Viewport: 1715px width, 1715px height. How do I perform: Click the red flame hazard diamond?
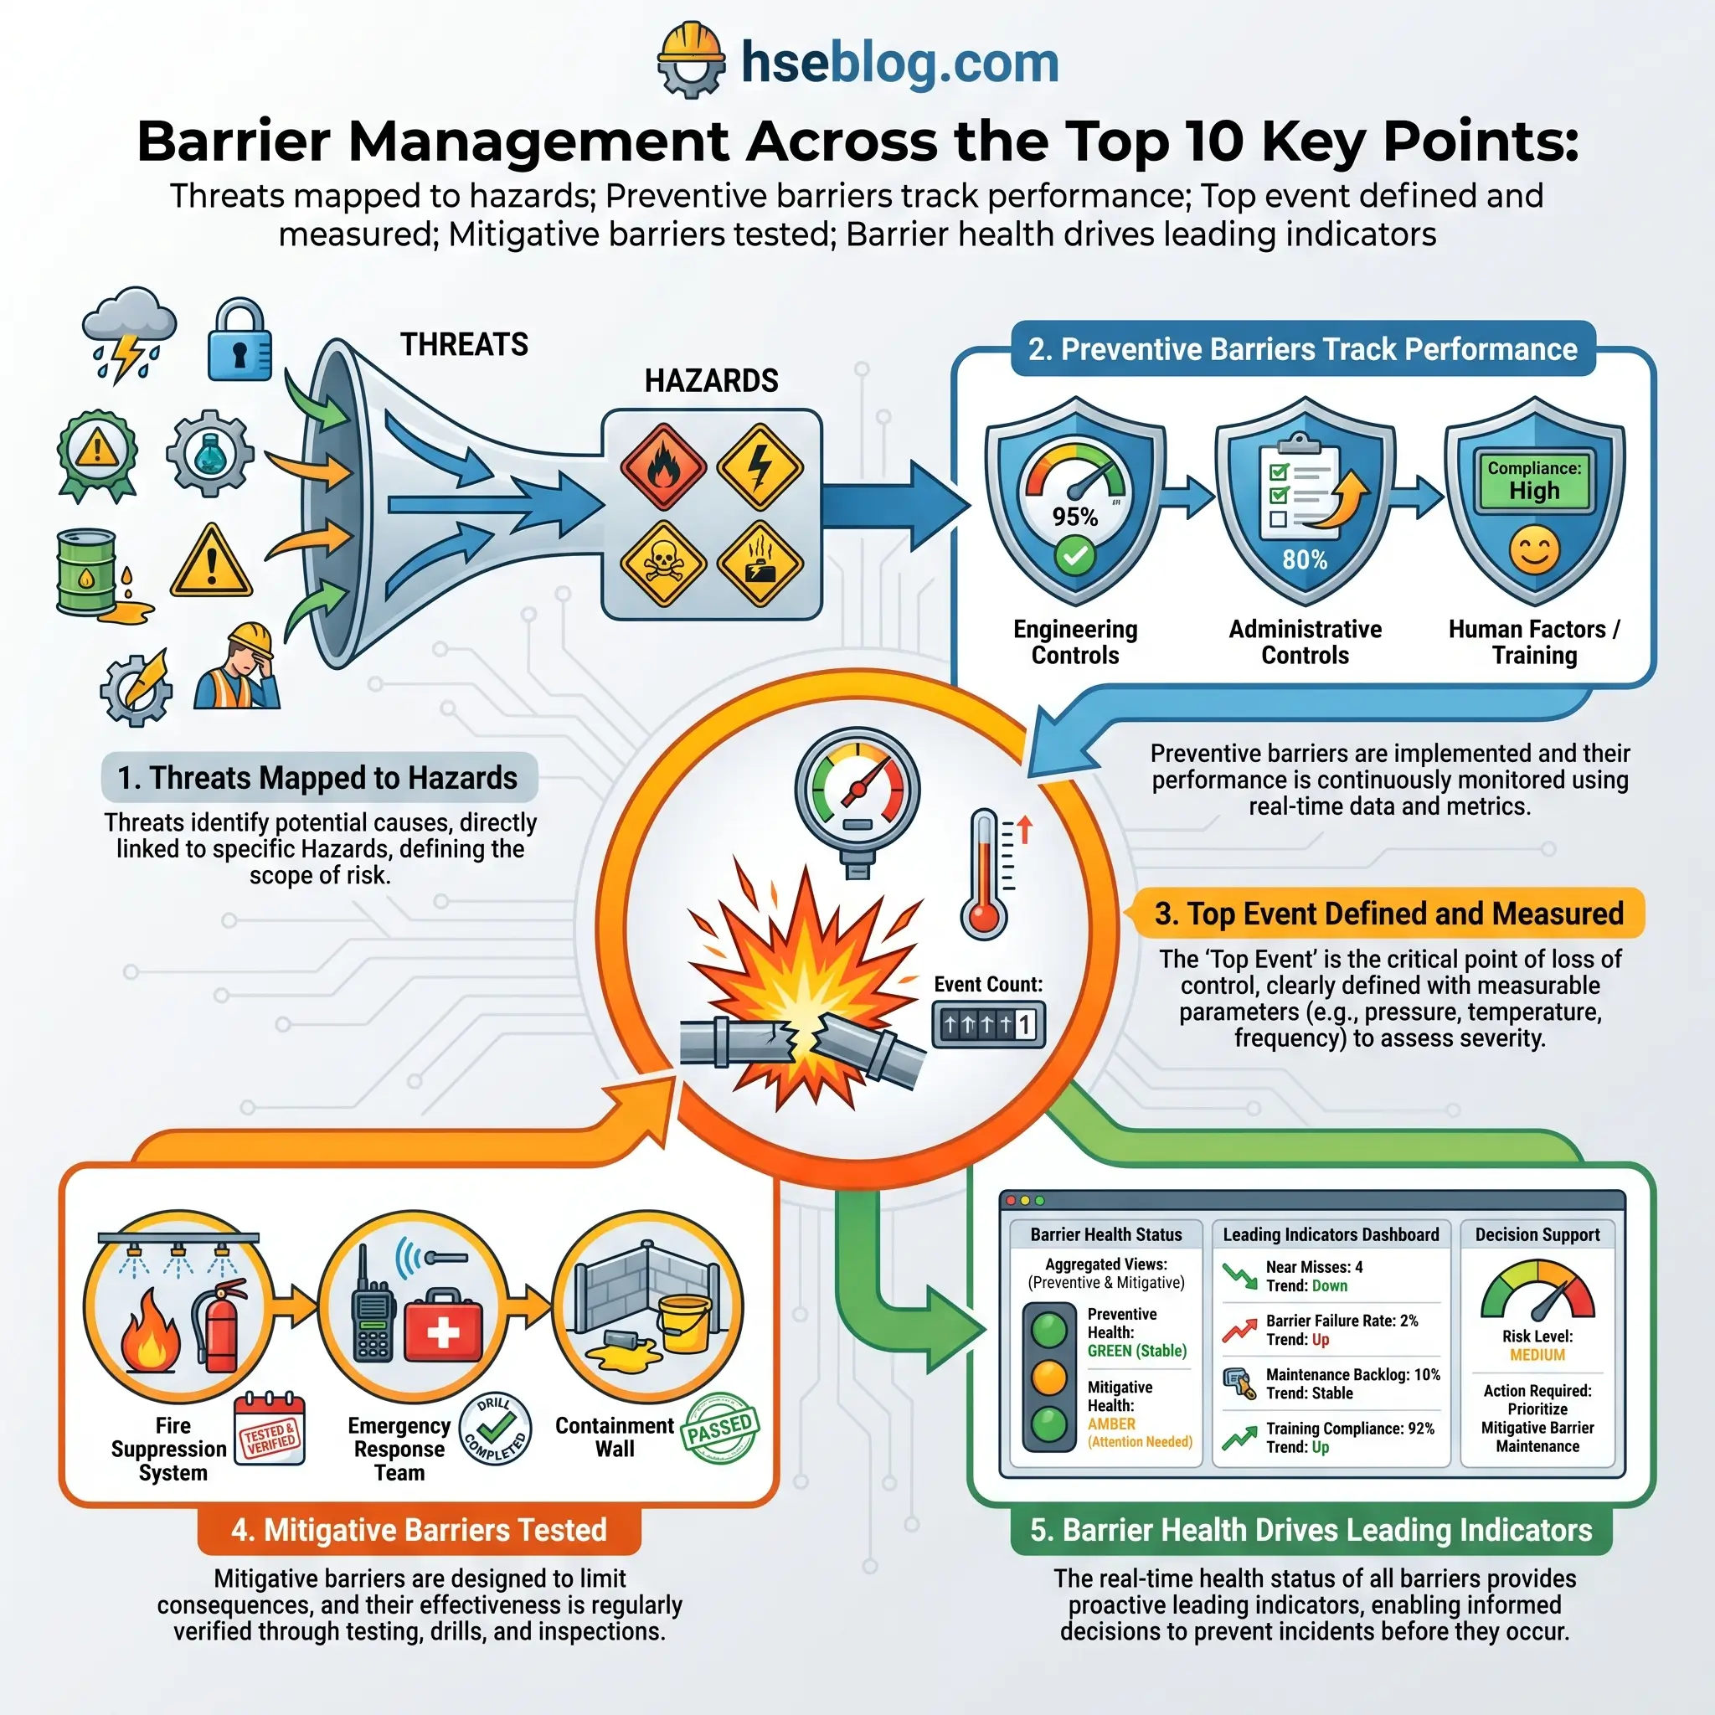663,467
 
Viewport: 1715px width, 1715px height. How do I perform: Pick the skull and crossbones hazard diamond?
663,562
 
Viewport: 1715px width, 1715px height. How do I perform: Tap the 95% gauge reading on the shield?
1074,517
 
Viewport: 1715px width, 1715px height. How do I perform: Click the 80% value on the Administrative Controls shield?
1304,560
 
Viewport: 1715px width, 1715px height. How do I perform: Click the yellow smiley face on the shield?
1534,550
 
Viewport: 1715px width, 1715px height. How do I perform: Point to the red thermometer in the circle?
985,874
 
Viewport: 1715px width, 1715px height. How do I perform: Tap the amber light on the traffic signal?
1049,1378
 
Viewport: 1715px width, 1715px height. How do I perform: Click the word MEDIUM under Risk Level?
1537,1356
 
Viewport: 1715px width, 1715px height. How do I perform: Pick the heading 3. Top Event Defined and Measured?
1388,914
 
